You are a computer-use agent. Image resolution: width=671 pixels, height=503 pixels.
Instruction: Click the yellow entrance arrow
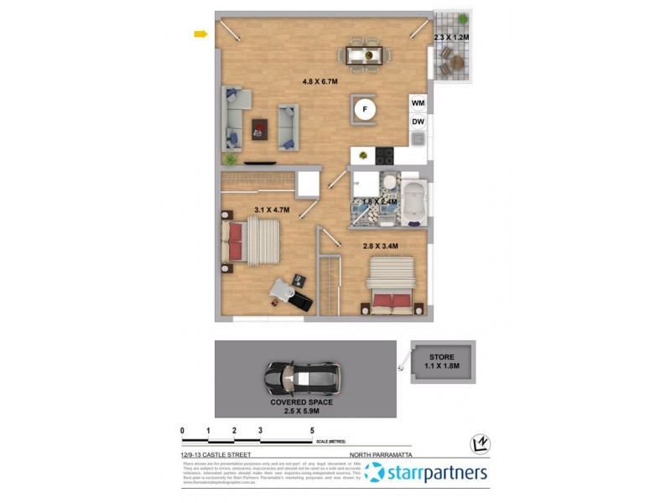[200, 34]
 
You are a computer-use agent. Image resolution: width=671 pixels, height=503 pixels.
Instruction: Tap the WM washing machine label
[418, 102]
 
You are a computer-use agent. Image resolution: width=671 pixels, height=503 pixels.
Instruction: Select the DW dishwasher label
[418, 122]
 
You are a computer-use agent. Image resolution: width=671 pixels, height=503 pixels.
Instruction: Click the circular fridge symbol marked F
[364, 109]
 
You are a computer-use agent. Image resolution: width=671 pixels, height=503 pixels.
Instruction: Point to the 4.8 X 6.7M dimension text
[320, 81]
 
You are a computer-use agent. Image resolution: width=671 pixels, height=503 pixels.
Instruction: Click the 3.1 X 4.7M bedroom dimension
[272, 210]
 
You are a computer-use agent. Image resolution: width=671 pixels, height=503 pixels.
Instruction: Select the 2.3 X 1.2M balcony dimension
[452, 38]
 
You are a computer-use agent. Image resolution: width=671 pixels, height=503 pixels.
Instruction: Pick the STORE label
[441, 357]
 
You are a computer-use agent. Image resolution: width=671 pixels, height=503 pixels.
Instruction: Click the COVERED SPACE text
[301, 402]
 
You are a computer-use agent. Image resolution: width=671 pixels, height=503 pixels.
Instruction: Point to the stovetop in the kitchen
[384, 155]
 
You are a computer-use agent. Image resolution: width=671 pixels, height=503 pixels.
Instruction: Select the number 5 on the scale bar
[312, 430]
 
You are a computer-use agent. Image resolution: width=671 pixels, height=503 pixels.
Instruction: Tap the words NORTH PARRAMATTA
[395, 455]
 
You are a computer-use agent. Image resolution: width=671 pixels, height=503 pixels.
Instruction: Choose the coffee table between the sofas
[260, 128]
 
